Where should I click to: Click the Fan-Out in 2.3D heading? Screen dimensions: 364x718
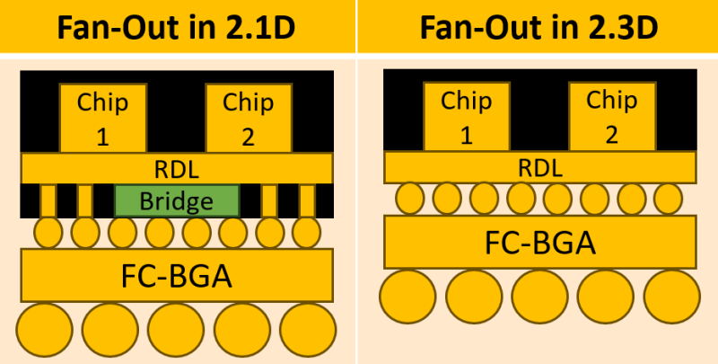coord(538,27)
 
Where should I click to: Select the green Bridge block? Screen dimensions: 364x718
coord(177,200)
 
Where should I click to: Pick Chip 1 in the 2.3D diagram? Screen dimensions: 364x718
coord(466,117)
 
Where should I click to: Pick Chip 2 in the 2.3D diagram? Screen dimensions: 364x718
coord(611,117)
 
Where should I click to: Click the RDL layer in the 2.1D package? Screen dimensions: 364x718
coord(177,167)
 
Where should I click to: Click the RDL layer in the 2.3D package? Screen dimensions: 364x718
coord(539,167)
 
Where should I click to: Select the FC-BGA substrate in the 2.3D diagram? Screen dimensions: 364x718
coord(539,242)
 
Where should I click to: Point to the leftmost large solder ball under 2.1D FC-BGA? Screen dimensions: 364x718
coord(45,330)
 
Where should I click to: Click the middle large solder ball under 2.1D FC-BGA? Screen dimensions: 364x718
coord(177,330)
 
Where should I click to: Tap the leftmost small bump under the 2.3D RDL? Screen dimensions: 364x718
coord(410,198)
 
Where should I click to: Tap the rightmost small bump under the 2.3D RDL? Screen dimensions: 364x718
coord(669,198)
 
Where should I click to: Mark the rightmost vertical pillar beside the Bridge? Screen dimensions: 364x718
coord(306,200)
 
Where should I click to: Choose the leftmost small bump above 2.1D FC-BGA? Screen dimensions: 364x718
coord(48,233)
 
